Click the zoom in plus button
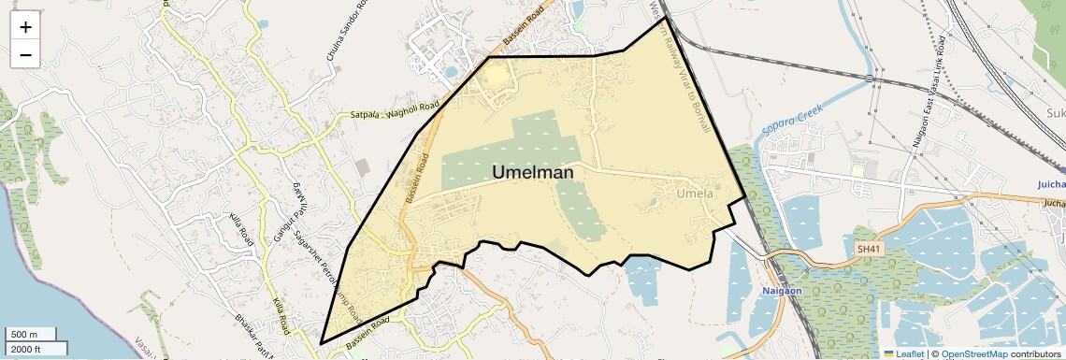click(25, 27)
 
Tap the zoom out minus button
click(25, 54)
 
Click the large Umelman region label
click(532, 173)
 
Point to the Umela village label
click(695, 194)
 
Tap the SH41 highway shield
click(869, 249)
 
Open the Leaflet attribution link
click(905, 354)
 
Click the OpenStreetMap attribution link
click(973, 354)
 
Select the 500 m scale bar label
click(24, 335)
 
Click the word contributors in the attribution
click(1035, 354)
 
